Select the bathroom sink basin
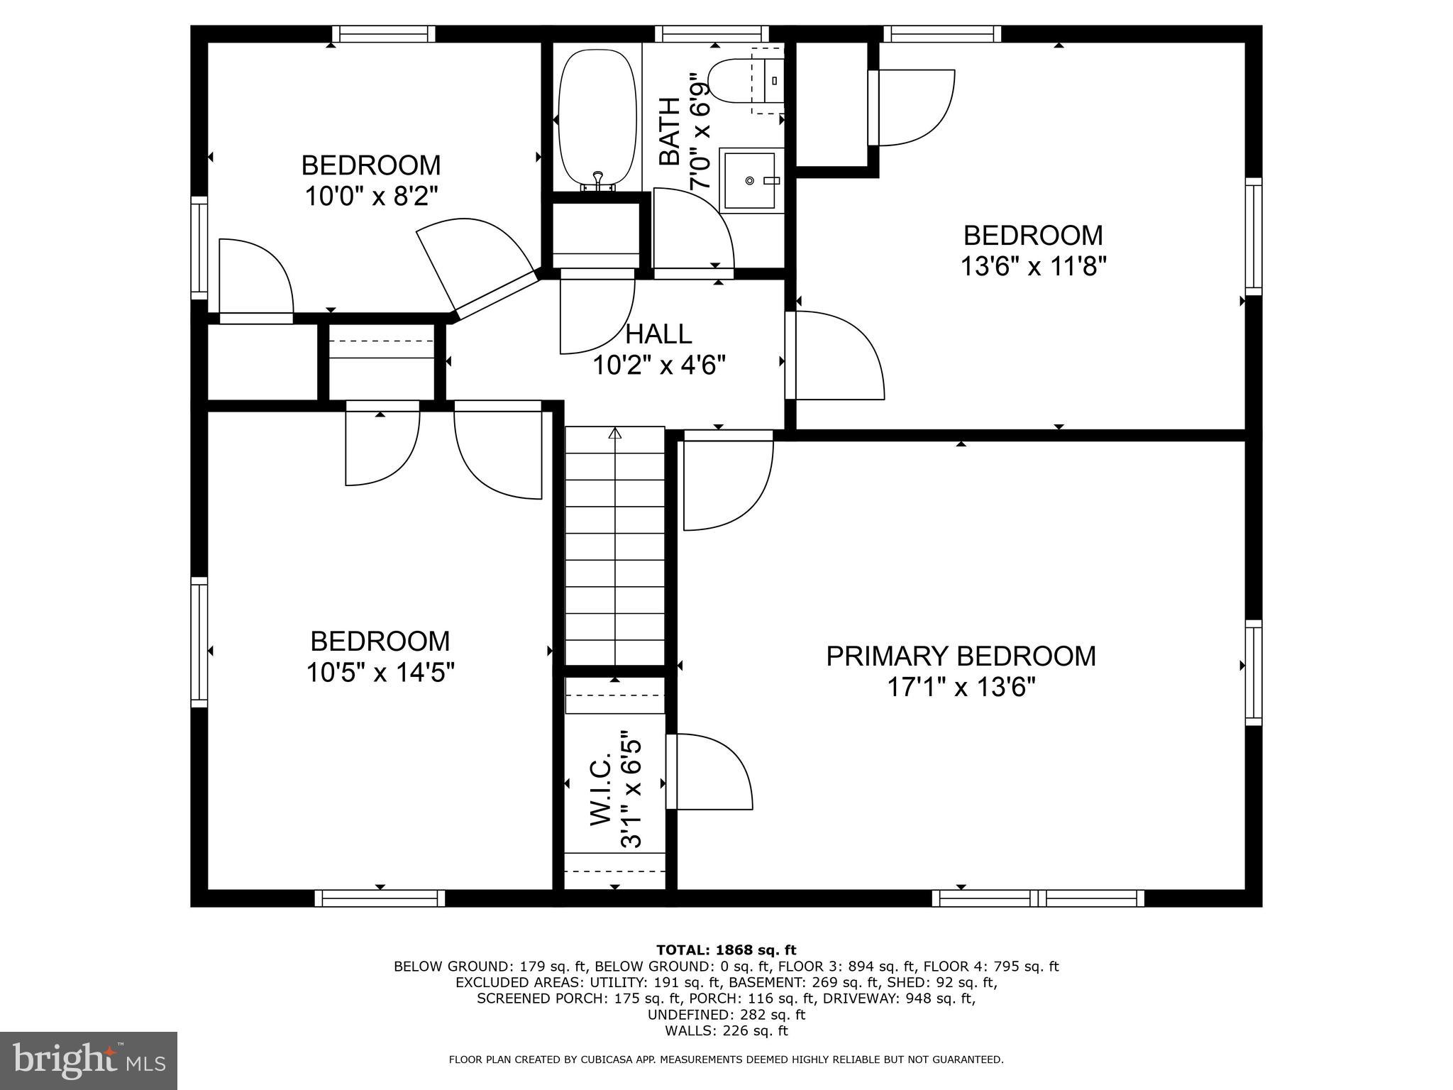click(x=750, y=180)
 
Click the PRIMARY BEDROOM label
click(x=961, y=656)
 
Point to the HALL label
click(x=658, y=334)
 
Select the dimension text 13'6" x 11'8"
click(x=1034, y=267)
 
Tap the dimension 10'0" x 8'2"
click(x=371, y=196)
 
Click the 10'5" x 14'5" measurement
click(x=380, y=672)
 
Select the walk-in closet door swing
click(x=709, y=771)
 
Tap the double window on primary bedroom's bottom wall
click(x=1038, y=898)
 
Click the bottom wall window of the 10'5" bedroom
click(x=380, y=898)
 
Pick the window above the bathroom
click(x=712, y=34)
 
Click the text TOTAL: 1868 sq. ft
click(x=726, y=950)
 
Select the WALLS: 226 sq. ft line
click(x=726, y=1031)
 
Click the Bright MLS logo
click(x=89, y=1060)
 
